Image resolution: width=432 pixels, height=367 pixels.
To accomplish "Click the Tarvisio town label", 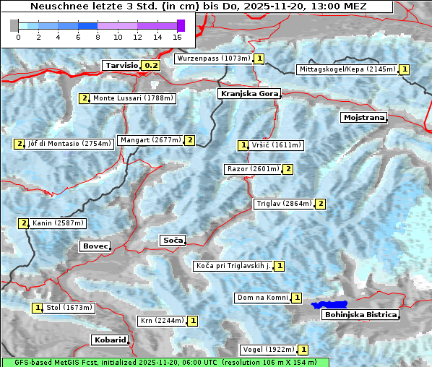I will point(121,65).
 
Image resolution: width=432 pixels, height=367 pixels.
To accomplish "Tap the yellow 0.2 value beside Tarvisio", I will point(150,65).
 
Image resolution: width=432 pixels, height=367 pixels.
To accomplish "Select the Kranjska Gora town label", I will point(248,94).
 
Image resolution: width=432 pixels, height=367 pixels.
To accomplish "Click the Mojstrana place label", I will point(364,117).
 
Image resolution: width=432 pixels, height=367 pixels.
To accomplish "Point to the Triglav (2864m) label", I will point(283,204).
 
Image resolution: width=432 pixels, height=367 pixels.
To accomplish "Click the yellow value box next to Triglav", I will point(320,204).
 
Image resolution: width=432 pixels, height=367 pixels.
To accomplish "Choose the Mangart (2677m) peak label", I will point(150,140).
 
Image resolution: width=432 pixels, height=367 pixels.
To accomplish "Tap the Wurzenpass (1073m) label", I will point(213,59).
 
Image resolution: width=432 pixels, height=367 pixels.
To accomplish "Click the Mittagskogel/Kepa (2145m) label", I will point(346,69).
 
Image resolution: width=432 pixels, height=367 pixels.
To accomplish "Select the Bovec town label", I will point(95,246).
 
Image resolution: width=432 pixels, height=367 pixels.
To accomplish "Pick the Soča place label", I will point(173,240).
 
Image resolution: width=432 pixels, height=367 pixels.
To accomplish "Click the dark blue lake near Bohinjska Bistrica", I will point(329,305).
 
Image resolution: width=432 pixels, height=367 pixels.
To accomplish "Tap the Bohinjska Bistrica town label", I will point(360,314).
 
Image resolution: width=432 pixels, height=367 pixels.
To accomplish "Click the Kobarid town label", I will point(110,340).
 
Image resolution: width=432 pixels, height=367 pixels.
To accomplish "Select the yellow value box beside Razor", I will point(288,169).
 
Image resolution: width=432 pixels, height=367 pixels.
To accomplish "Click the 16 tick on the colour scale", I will point(178,37).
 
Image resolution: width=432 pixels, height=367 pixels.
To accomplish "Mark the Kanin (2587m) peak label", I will point(58,223).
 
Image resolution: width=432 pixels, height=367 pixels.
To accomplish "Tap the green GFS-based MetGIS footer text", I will point(165,362).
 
